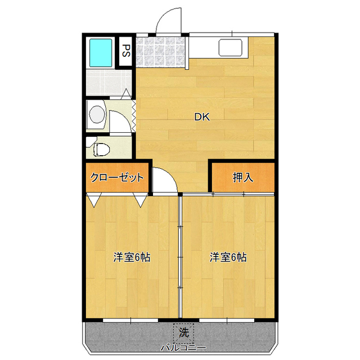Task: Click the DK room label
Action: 202,117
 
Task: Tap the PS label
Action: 126,51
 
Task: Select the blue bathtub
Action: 101,52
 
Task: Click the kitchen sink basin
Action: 230,47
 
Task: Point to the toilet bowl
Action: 101,150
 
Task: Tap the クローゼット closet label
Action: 117,177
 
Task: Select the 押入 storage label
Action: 243,177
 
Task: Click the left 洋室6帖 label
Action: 132,257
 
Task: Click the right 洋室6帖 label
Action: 228,257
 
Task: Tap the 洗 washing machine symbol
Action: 184,334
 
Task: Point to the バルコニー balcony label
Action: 183,348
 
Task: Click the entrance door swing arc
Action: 164,15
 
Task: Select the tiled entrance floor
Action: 160,52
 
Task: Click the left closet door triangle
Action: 94,200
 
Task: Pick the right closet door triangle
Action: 141,200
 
